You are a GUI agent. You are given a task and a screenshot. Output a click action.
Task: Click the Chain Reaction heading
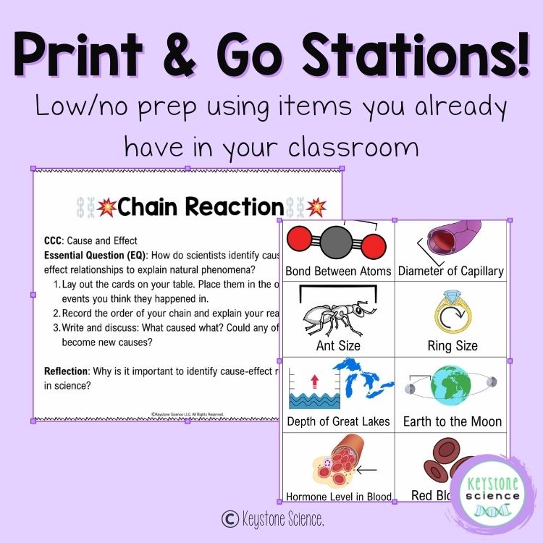pos(201,207)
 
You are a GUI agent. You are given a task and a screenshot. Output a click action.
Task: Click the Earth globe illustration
pos(451,384)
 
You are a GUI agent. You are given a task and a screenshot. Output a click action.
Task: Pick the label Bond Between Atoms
pos(338,271)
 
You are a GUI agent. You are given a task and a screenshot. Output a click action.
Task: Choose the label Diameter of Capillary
pos(451,271)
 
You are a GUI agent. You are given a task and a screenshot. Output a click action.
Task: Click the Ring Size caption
pos(452,345)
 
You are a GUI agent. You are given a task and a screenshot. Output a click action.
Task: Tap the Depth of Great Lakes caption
pos(338,421)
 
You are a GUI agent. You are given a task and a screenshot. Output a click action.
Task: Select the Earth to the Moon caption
pos(452,421)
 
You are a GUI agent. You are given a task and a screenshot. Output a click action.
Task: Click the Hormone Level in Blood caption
pos(339,497)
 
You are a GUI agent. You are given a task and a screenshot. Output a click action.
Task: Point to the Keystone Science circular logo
pos(495,496)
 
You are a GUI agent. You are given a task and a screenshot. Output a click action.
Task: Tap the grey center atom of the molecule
pos(334,243)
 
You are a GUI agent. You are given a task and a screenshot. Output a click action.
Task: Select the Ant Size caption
pos(338,345)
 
